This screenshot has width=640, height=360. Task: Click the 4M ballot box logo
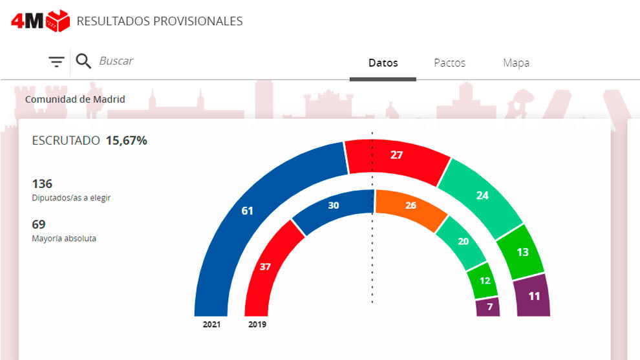[40, 21]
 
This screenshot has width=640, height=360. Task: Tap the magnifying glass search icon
[83, 61]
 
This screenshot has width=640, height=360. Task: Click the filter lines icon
[57, 62]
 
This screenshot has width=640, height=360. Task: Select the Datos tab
[383, 63]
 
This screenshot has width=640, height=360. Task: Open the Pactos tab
[449, 63]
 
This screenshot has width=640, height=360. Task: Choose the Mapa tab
[516, 63]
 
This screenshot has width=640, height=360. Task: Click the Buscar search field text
[116, 61]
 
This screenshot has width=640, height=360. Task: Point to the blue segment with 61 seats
[246, 211]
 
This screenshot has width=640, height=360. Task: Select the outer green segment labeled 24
[482, 195]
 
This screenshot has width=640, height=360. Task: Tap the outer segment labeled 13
[522, 252]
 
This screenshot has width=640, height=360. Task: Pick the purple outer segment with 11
[534, 297]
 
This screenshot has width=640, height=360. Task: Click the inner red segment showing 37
[266, 266]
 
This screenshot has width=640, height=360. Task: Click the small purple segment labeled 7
[489, 307]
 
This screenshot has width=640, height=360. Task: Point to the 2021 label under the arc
[211, 324]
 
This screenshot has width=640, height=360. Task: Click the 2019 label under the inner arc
[257, 324]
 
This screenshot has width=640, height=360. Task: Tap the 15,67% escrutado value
[126, 140]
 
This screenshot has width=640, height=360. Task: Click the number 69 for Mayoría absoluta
[38, 225]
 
